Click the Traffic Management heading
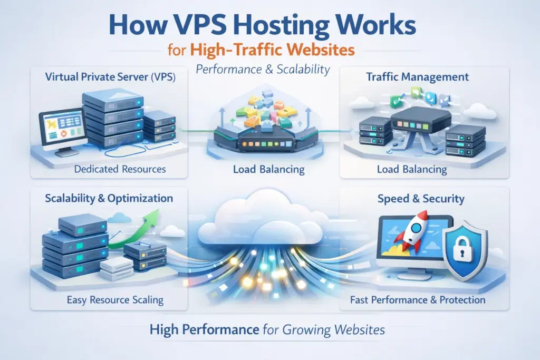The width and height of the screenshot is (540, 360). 417,77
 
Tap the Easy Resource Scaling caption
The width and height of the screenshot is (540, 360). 115,300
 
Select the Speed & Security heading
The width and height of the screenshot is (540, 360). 421,199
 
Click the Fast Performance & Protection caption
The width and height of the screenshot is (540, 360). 418,300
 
